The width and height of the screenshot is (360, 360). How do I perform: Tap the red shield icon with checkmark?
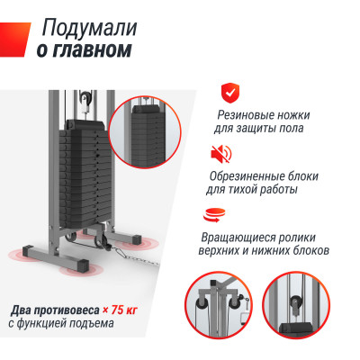coord(231,91)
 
